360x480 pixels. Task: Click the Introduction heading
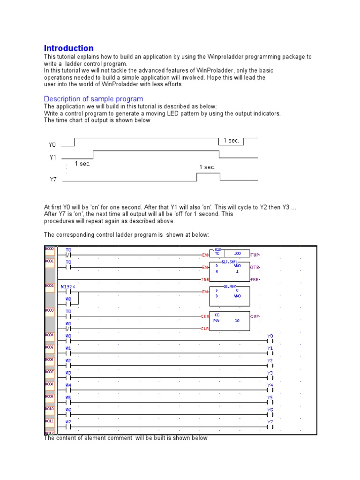click(68, 48)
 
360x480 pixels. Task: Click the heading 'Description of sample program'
click(93, 99)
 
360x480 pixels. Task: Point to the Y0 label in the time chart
click(52, 145)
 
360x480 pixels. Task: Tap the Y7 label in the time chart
click(53, 179)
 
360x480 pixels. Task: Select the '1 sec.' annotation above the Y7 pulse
click(207, 167)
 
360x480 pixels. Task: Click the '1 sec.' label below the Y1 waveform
click(82, 164)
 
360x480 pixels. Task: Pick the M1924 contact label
click(68, 286)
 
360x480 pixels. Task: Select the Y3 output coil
click(270, 377)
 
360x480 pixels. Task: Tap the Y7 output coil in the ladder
click(270, 426)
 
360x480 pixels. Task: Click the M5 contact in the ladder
click(68, 402)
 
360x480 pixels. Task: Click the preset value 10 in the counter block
click(237, 321)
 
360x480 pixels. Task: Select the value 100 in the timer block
click(237, 253)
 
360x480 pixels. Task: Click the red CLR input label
click(204, 329)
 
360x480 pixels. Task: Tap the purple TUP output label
click(255, 255)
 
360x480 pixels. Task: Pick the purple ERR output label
click(255, 279)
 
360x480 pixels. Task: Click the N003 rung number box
click(50, 310)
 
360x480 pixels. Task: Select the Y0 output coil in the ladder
click(270, 341)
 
